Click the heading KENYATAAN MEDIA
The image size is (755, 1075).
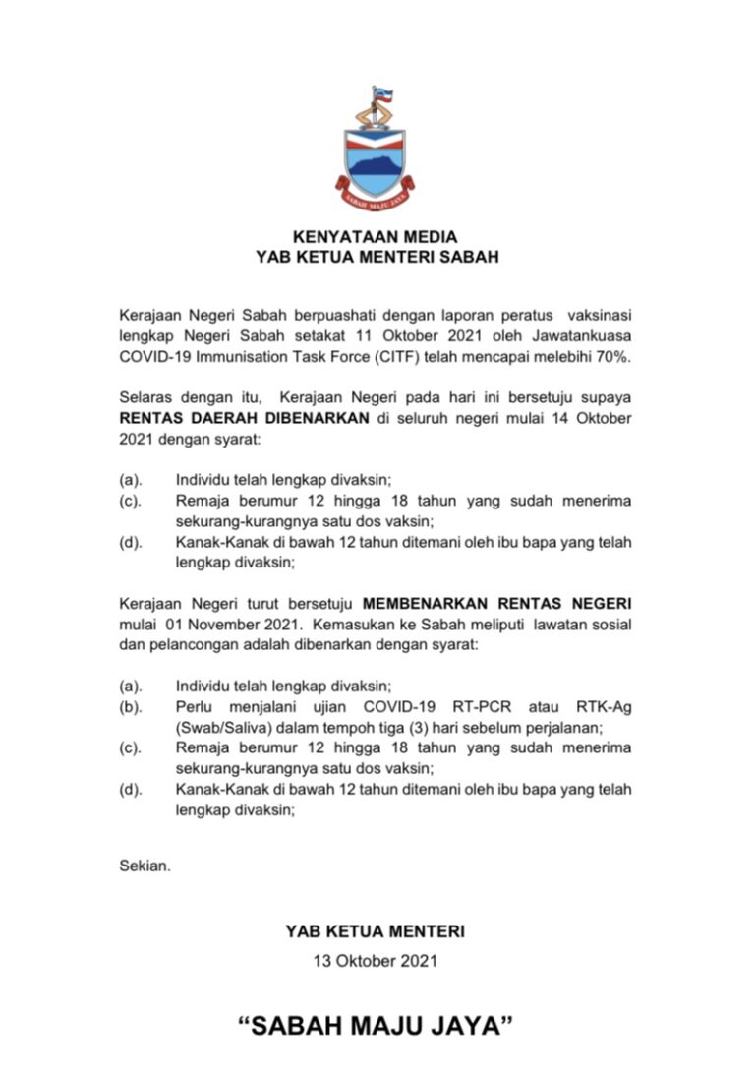tap(377, 237)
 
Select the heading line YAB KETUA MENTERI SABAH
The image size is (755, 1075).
tap(377, 257)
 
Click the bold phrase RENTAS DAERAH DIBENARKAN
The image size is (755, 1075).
tap(244, 417)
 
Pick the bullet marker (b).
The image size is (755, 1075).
tap(130, 706)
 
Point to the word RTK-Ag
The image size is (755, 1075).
tap(602, 706)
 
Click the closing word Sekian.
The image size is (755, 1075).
tap(145, 866)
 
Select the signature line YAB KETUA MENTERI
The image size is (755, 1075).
tap(377, 929)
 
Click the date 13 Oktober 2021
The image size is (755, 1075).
tap(377, 960)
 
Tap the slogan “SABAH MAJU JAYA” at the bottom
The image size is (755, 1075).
tap(377, 1027)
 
